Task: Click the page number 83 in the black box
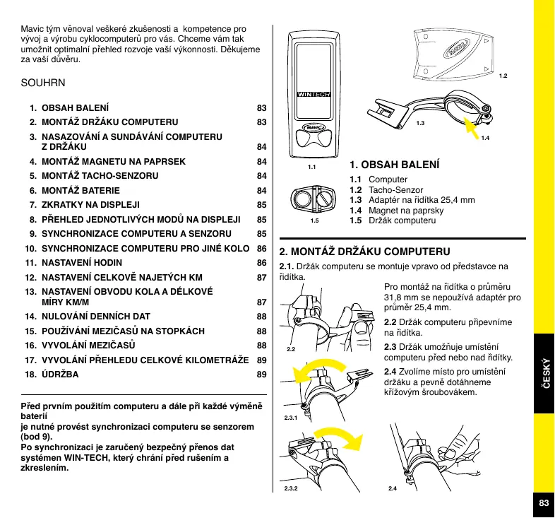click(x=543, y=503)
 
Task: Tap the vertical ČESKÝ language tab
click(x=544, y=373)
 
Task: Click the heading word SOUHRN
click(x=43, y=83)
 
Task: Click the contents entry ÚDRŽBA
click(x=61, y=375)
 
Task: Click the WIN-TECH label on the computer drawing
click(x=314, y=94)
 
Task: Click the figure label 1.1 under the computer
click(x=311, y=167)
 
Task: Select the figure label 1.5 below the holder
click(x=314, y=220)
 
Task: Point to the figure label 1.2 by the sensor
click(x=503, y=75)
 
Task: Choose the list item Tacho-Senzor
click(x=395, y=190)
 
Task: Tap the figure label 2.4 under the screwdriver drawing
click(x=393, y=489)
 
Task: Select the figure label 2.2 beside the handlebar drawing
click(x=291, y=349)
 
